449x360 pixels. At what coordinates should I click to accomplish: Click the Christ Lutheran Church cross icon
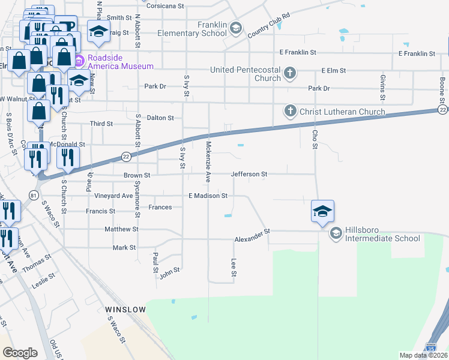290,112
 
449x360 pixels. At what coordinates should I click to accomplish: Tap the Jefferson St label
249,174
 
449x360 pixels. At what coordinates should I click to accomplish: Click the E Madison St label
208,196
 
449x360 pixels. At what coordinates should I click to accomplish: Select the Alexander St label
253,239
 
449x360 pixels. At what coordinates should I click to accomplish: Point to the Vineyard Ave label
113,196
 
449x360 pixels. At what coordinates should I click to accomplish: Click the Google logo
20,353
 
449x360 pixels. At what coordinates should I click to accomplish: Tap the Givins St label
382,87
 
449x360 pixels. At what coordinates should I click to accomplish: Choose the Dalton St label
160,118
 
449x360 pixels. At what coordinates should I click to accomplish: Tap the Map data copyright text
423,355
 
